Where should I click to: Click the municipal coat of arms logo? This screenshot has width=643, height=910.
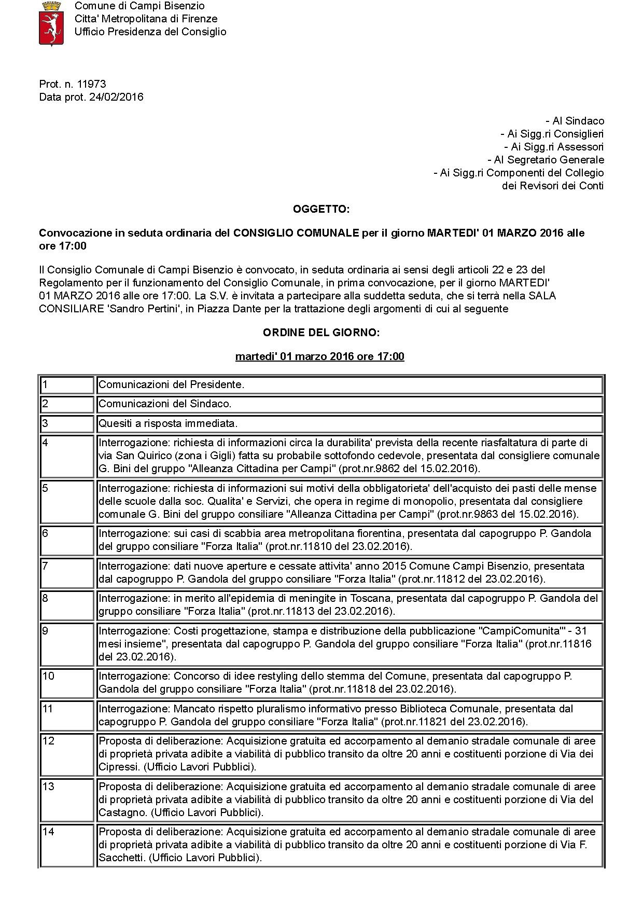click(51, 23)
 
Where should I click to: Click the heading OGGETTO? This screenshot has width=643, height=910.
click(321, 209)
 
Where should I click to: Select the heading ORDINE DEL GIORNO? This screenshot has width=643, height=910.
click(321, 333)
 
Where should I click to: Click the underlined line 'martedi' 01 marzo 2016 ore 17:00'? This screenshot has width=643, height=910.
click(319, 356)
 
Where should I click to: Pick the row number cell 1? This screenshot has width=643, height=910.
click(67, 385)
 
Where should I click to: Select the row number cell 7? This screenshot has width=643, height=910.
click(67, 566)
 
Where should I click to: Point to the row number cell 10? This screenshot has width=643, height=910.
click(67, 677)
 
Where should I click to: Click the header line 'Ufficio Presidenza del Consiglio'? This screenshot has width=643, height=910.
click(150, 32)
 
